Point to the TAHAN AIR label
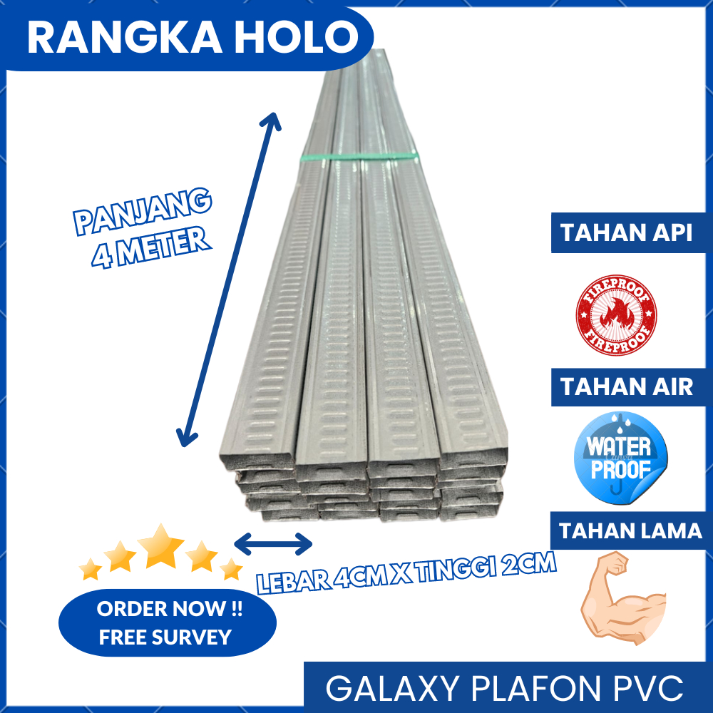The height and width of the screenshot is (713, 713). [626, 387]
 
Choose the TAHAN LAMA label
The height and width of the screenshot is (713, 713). [630, 531]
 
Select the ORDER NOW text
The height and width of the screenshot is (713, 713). [170, 610]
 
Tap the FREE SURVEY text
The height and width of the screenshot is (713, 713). [165, 637]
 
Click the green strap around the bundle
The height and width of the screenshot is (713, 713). [356, 157]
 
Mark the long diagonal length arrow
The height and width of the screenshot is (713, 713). [229, 279]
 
